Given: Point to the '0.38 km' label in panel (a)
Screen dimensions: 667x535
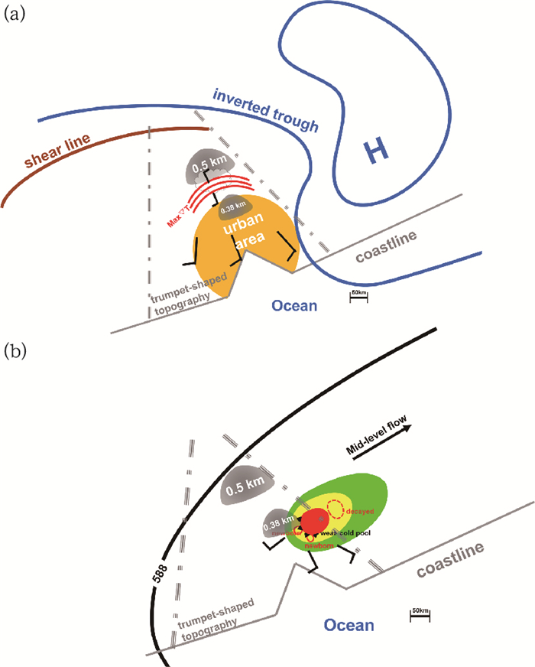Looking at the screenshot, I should (233, 205).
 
